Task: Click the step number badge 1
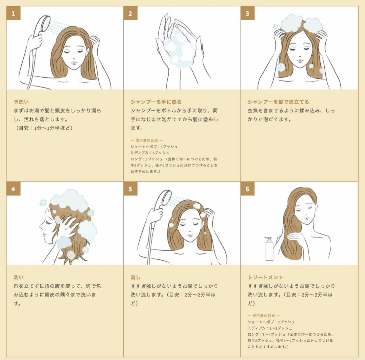coord(13,14)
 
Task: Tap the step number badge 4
coord(13,189)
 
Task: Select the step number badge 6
coord(247,189)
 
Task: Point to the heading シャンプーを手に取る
coord(156,102)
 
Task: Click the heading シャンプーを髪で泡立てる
coord(278,102)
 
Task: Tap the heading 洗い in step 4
coord(18,277)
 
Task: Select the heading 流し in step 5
coord(135,277)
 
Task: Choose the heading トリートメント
coord(265,277)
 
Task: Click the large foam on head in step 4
coord(69,201)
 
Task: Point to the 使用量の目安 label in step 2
coord(147,140)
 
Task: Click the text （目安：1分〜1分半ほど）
coord(44,128)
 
